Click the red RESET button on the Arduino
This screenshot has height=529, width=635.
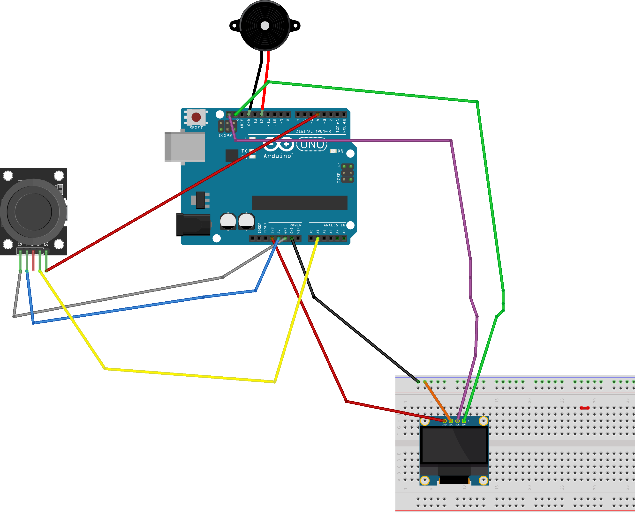[196, 117]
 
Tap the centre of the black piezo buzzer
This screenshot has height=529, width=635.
[265, 26]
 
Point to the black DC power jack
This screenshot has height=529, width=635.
[193, 225]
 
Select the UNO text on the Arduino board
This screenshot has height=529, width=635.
[312, 145]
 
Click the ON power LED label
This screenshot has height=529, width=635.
[340, 151]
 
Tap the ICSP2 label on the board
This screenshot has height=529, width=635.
[225, 136]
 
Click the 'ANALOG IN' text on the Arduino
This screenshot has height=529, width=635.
[334, 225]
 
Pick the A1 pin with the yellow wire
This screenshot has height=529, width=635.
[317, 238]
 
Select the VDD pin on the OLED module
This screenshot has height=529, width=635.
[451, 421]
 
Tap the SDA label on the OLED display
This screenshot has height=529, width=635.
[464, 425]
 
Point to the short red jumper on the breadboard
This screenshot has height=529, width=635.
[584, 408]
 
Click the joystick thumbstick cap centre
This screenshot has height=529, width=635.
[33, 212]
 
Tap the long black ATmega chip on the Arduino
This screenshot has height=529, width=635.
[300, 202]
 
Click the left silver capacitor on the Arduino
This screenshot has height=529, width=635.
[228, 221]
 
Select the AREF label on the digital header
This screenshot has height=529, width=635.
[242, 123]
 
